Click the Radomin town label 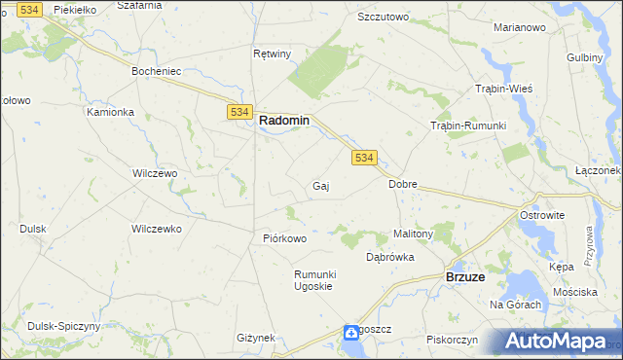284,121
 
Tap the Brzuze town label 465,276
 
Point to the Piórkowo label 285,238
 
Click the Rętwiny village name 272,54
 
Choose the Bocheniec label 157,72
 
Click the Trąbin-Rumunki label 467,126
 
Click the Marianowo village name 519,27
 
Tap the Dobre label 403,183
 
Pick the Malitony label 413,234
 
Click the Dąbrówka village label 390,258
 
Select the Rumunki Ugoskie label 314,280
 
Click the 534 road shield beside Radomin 240,113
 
